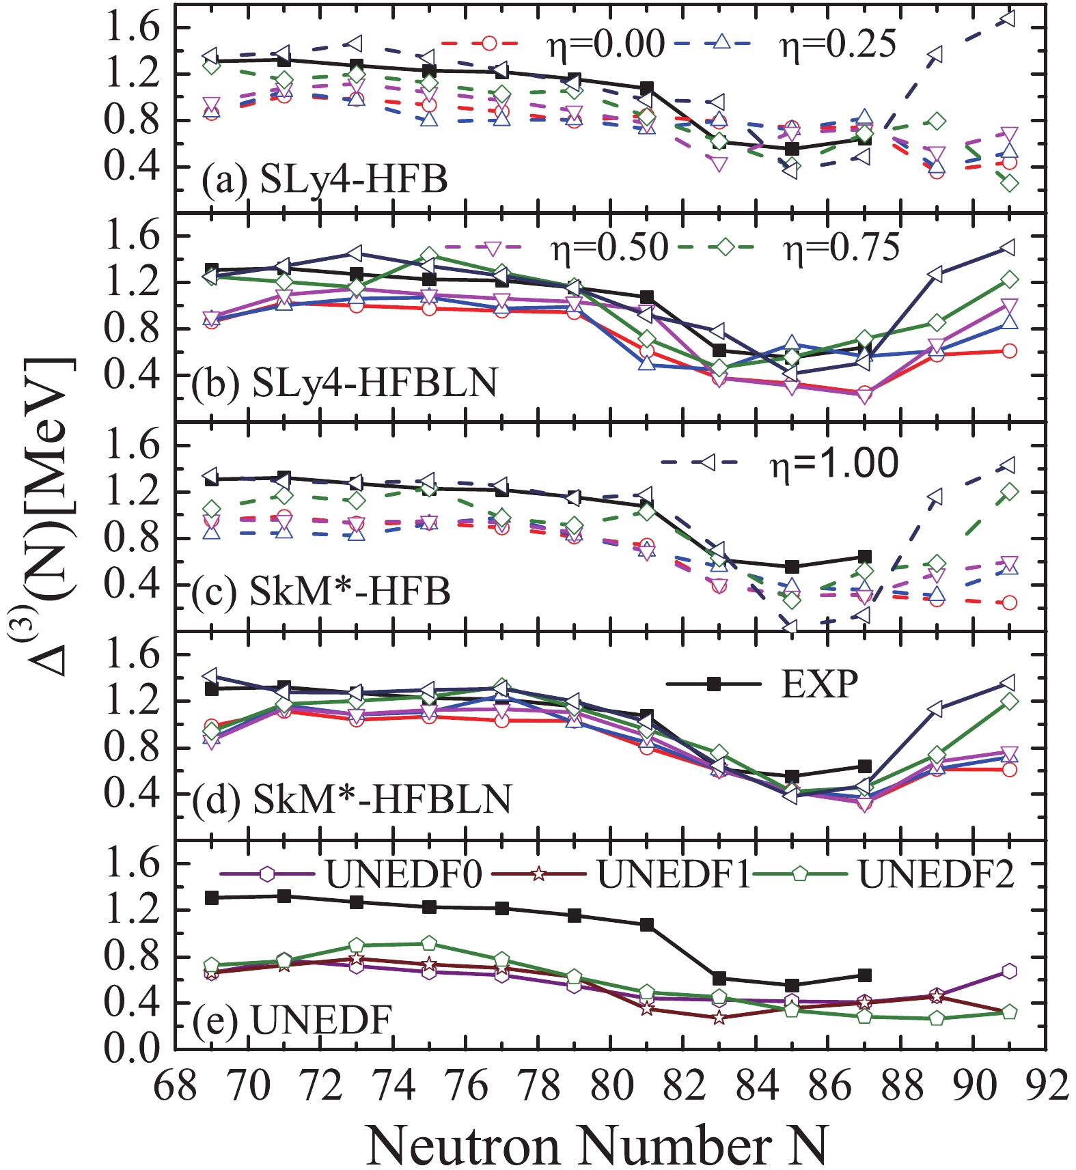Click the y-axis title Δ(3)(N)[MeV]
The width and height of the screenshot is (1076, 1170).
[48, 519]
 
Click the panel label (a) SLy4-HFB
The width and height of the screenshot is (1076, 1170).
[325, 179]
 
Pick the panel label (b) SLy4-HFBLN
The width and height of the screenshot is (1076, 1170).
[344, 382]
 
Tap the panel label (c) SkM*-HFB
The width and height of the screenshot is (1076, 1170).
[321, 591]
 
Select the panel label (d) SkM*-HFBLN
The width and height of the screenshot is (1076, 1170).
[351, 799]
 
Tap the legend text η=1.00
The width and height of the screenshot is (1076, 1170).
[833, 464]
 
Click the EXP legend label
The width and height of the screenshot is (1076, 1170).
[820, 684]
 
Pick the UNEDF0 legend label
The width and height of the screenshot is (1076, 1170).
[404, 874]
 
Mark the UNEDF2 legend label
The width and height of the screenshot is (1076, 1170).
[936, 874]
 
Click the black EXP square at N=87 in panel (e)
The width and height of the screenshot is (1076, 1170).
[864, 975]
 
